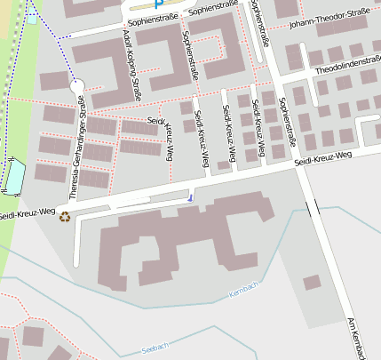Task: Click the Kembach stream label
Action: (243, 289)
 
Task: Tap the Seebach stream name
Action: (155, 348)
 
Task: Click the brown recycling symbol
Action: (64, 216)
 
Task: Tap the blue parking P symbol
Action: (159, 4)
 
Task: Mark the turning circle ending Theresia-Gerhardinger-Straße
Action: (76, 86)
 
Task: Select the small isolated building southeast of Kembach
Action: (312, 283)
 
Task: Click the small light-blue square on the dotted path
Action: (32, 19)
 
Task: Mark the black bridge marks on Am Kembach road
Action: (313, 208)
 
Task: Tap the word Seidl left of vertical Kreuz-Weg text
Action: (156, 118)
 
